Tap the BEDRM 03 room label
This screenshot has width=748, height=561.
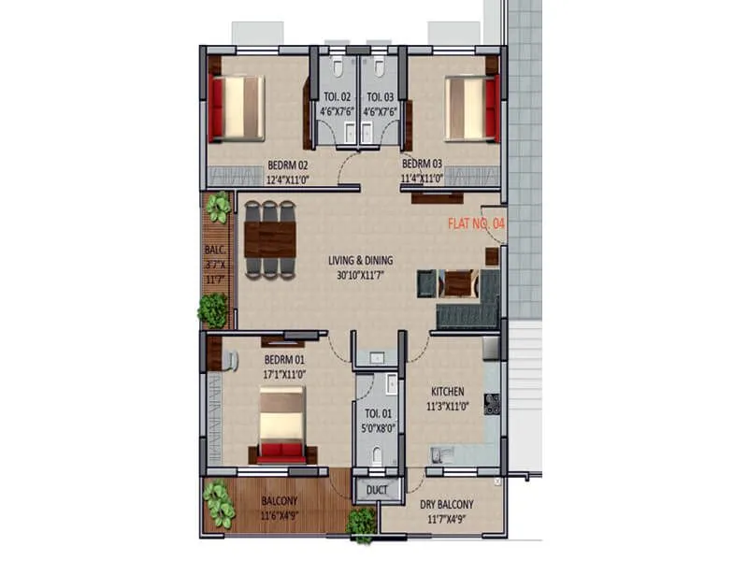pyautogui.click(x=423, y=162)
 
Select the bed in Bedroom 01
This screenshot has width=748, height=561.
pyautogui.click(x=281, y=425)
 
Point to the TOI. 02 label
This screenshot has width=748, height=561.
pyautogui.click(x=338, y=96)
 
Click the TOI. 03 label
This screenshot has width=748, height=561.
pyautogui.click(x=380, y=96)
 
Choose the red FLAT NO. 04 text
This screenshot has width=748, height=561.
pyautogui.click(x=477, y=223)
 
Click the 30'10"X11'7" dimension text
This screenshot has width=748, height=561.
pyautogui.click(x=360, y=275)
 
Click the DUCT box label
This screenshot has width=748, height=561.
pyautogui.click(x=378, y=489)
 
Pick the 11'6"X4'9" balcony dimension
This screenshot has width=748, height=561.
pyautogui.click(x=279, y=516)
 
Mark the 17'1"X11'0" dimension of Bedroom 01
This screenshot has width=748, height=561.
pyautogui.click(x=284, y=374)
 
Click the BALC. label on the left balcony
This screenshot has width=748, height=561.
pyautogui.click(x=214, y=251)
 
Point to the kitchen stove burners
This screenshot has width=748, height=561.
pyautogui.click(x=492, y=404)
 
